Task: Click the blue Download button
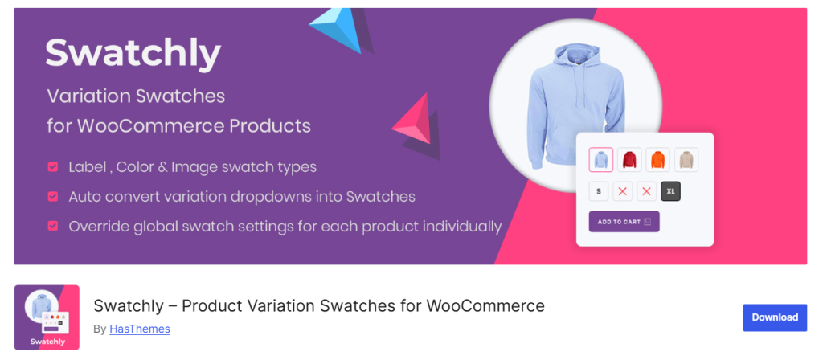(x=775, y=317)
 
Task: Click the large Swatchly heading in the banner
(x=133, y=54)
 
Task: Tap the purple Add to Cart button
(x=624, y=222)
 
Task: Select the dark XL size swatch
(x=670, y=191)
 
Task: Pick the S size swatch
(x=599, y=191)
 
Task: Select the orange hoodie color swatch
(x=657, y=160)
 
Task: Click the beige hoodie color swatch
(x=686, y=160)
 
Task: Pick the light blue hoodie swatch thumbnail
(x=600, y=160)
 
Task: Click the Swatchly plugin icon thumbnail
(x=47, y=317)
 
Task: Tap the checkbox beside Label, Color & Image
(x=52, y=167)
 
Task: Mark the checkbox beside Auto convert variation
(x=52, y=196)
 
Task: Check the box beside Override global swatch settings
(x=52, y=226)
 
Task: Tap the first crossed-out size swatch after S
(x=623, y=191)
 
